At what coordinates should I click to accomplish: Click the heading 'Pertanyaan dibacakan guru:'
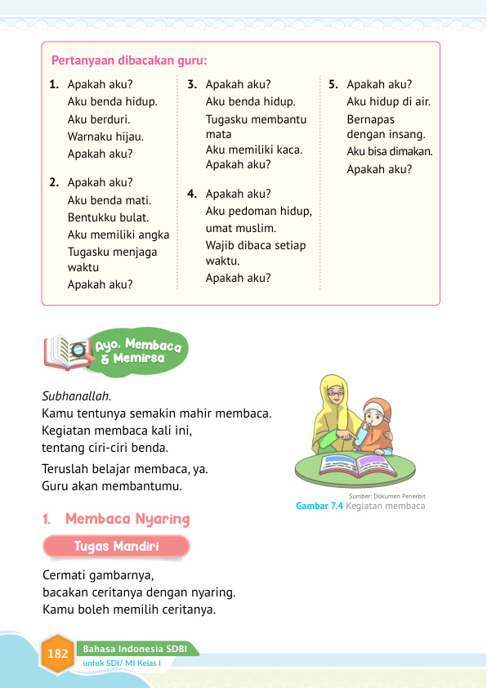129,60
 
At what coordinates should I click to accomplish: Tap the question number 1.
53,84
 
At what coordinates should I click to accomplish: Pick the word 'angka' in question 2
153,235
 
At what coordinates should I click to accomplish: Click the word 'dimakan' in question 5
413,152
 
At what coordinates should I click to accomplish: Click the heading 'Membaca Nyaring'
127,519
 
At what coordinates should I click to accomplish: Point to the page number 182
58,654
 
